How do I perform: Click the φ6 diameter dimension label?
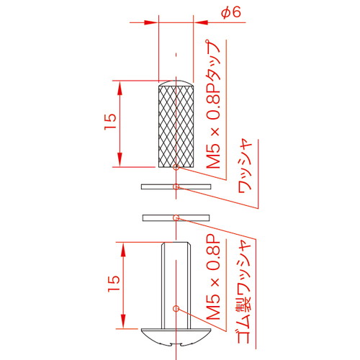point(231,12)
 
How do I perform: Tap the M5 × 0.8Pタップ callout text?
point(213,104)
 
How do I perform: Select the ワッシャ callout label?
point(245,166)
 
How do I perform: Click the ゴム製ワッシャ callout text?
point(243,292)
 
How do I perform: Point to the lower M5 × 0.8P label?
point(213,280)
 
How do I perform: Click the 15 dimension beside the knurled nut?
point(111,122)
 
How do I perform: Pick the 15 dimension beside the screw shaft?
point(114,284)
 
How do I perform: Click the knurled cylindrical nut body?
point(176,127)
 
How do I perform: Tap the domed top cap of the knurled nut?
point(176,84)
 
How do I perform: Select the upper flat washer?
point(176,186)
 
